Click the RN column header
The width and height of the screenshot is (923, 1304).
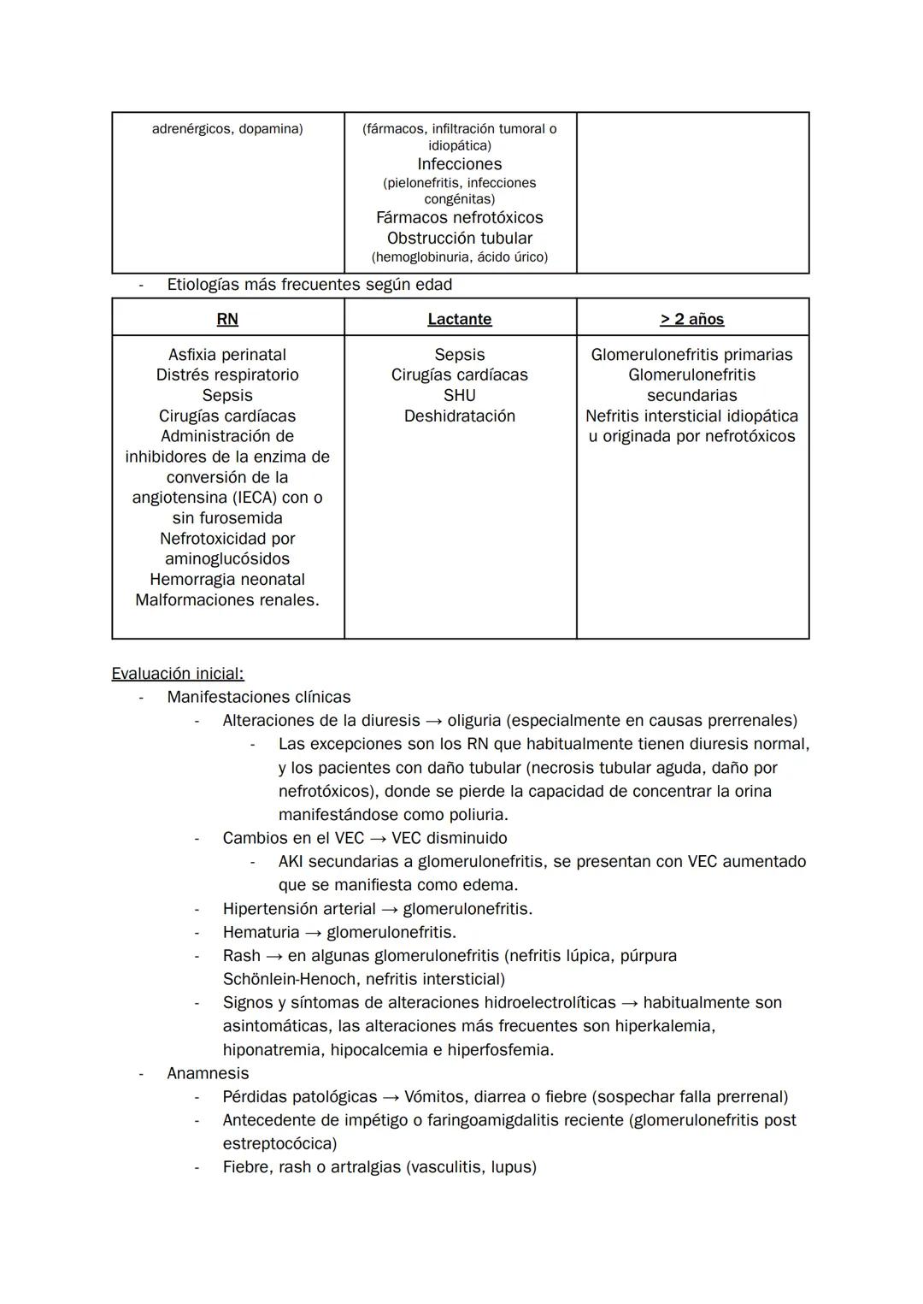[x=227, y=319]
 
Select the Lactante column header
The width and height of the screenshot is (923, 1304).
[x=460, y=319]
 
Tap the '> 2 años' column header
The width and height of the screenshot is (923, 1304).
[x=692, y=319]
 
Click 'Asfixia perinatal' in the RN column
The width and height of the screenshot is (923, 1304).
[x=227, y=355]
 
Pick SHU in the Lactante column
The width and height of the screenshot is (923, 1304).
[x=460, y=396]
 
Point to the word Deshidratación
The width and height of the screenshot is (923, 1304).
[x=460, y=416]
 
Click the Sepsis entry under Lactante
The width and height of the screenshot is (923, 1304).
[x=460, y=355]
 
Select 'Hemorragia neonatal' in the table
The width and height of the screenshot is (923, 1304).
[x=227, y=580]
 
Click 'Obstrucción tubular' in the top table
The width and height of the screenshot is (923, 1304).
[x=460, y=239]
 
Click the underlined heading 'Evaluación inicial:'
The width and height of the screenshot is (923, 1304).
[x=178, y=674]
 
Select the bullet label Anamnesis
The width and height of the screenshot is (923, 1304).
[x=208, y=1073]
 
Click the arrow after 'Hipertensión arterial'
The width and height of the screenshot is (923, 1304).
[x=390, y=909]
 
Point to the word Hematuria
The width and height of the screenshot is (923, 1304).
[x=261, y=932]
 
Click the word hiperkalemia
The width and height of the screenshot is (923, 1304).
[x=665, y=1026]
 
